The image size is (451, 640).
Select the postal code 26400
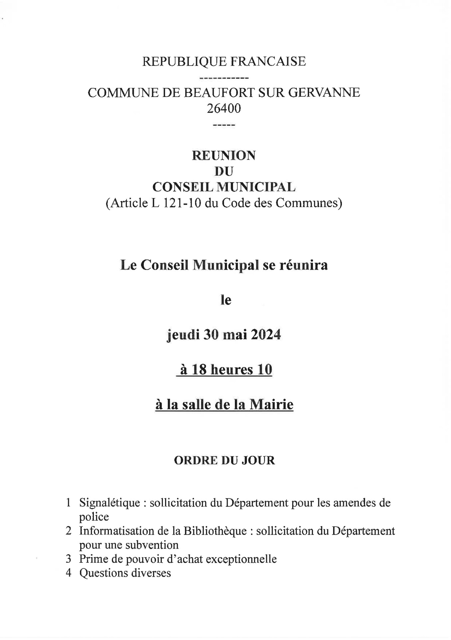[x=224, y=109]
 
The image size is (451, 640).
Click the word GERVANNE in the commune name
[x=324, y=93]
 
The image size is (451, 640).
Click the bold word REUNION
[x=224, y=156]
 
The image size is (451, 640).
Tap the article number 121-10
[x=182, y=203]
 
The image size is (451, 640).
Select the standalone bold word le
[x=226, y=300]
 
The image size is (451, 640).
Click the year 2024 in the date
[x=266, y=335]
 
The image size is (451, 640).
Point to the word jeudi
[x=182, y=335]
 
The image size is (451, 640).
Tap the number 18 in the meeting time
[x=199, y=370]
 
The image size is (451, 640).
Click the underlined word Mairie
[x=271, y=405]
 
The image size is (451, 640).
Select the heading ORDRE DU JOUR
[x=224, y=461]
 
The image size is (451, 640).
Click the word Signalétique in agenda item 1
[x=110, y=503]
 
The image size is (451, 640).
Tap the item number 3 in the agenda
[x=69, y=559]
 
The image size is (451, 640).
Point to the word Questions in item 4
[x=103, y=573]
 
